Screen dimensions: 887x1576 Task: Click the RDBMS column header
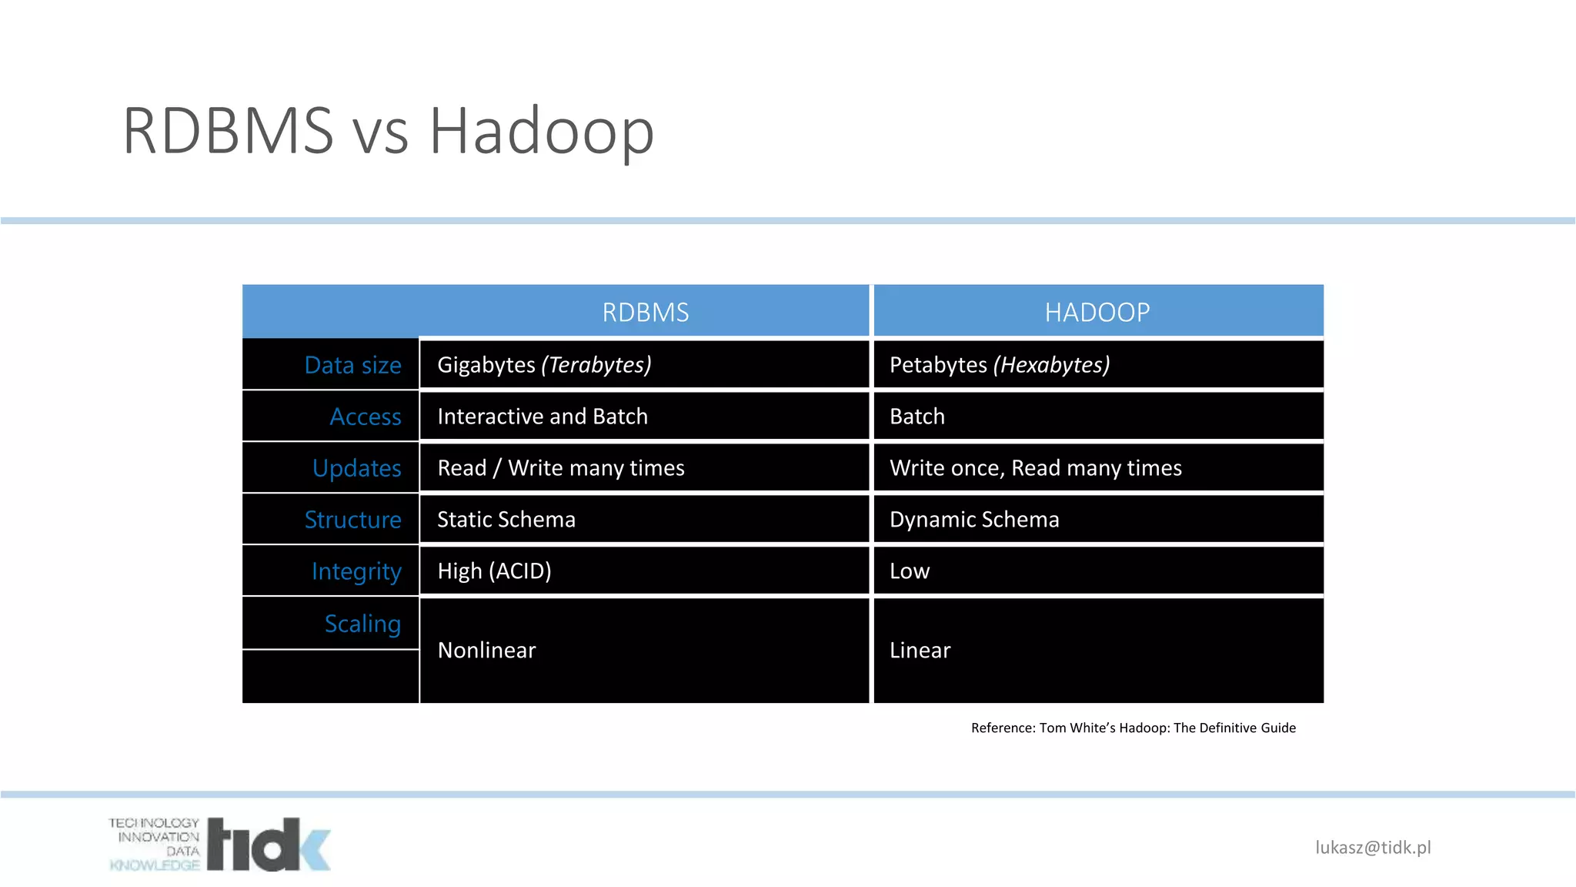tap(645, 312)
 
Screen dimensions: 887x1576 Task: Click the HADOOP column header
tap(1097, 312)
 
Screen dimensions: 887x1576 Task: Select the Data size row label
tap(352, 365)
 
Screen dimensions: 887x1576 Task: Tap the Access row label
tap(365, 417)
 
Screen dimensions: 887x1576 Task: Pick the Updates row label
tap(356, 468)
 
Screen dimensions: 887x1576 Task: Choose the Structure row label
tap(352, 520)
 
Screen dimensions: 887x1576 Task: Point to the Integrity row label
tap(356, 571)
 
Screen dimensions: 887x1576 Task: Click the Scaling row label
tap(362, 624)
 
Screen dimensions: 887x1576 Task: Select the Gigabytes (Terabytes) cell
tap(544, 365)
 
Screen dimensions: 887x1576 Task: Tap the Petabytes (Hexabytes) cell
tap(999, 365)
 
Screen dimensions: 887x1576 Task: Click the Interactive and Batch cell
tap(543, 417)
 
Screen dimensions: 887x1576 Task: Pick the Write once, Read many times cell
tap(1035, 468)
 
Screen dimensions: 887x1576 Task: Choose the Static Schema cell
tap(506, 520)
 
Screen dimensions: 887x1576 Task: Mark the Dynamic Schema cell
tap(974, 520)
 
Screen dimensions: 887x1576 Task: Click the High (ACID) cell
tap(494, 571)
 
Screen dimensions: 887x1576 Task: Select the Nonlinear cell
tap(486, 651)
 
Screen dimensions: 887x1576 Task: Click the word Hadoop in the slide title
tap(541, 131)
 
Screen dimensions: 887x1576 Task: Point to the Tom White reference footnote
tap(1133, 728)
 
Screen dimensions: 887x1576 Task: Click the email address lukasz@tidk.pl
tap(1373, 848)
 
